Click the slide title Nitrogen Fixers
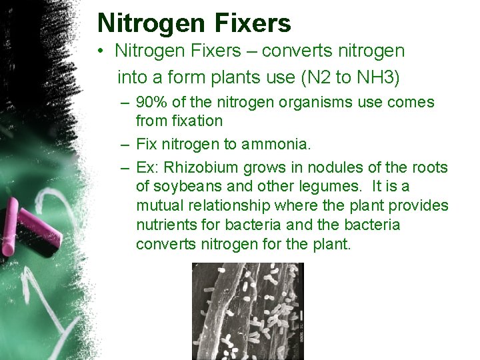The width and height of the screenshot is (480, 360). click(x=194, y=23)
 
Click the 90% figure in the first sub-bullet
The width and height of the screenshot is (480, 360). click(x=151, y=103)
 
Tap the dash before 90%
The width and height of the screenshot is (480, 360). click(x=125, y=104)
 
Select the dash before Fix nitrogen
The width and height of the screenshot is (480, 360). click(x=125, y=144)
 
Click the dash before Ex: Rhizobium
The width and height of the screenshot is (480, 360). click(x=125, y=167)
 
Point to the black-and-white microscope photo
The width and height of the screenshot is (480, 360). click(x=247, y=311)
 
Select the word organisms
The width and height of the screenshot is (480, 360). click(x=304, y=103)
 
